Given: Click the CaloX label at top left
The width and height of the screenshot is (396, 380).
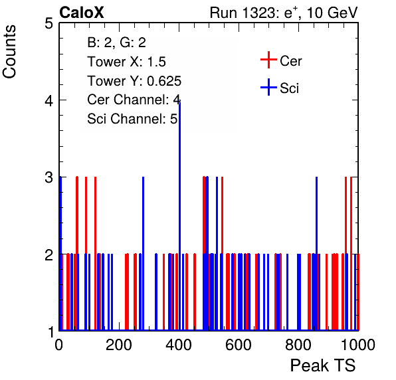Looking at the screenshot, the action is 82,13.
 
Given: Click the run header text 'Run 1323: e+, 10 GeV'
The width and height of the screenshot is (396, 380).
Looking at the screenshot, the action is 284,13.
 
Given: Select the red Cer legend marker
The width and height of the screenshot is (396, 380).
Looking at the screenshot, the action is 268,60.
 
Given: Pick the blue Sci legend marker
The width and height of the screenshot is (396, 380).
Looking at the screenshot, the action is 268,87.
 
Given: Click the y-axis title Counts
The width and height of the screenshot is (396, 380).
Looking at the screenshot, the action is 9,52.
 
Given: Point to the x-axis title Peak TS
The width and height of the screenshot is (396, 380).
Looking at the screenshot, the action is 323,365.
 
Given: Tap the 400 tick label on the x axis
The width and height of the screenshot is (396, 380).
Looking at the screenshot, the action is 179,345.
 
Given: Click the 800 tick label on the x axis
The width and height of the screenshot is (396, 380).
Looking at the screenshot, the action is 298,345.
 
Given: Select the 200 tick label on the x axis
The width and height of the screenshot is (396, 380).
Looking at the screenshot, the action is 119,345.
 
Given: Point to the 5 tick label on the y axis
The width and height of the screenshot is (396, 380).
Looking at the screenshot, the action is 49,24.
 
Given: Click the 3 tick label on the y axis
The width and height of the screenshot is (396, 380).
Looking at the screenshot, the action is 49,177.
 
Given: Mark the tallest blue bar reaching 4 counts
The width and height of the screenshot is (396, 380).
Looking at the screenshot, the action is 179,215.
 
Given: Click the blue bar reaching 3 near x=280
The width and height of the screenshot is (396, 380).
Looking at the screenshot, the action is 144,254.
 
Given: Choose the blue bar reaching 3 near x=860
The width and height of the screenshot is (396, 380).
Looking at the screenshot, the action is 317,254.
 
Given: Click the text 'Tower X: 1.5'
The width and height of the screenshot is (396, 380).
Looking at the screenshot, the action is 126,62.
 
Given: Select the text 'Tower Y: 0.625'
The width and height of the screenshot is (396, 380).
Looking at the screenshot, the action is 134,81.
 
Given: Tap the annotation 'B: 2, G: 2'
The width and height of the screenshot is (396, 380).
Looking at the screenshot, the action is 117,43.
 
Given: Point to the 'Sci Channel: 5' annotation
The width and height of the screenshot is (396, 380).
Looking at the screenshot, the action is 132,119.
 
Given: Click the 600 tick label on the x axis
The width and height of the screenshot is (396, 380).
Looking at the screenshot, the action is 239,345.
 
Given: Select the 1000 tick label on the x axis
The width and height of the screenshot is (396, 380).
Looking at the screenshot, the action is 358,345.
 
